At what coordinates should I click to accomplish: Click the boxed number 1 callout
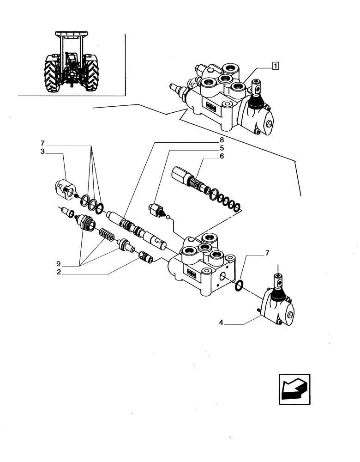275,66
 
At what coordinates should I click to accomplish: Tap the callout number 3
42,151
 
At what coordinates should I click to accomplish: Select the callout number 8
222,140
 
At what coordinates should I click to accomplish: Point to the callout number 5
222,148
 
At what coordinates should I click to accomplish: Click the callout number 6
222,156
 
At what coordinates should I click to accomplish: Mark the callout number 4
221,323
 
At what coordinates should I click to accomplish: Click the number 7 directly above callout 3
42,143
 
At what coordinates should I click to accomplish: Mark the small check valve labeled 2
146,257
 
